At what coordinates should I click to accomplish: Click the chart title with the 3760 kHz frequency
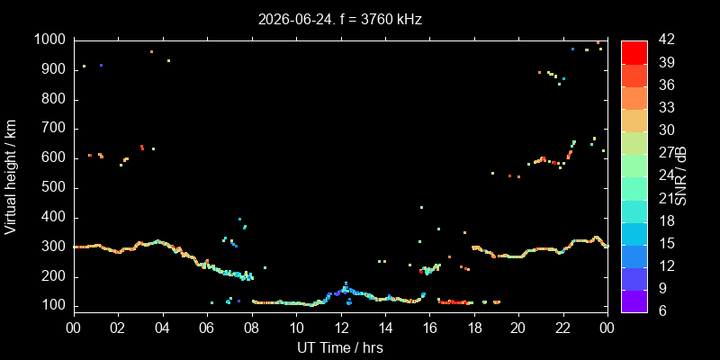pyautogui.click(x=340, y=19)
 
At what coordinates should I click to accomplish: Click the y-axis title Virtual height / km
pyautogui.click(x=11, y=176)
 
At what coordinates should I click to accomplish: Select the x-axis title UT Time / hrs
pyautogui.click(x=340, y=347)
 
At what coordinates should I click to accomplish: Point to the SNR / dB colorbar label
pyautogui.click(x=679, y=175)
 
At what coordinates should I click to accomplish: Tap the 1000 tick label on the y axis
pyautogui.click(x=52, y=40)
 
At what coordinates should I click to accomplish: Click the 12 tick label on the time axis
pyautogui.click(x=341, y=328)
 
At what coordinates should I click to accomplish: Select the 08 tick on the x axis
pyautogui.click(x=252, y=328)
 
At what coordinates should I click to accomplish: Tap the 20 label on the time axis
pyautogui.click(x=518, y=328)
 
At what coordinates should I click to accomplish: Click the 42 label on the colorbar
pyautogui.click(x=666, y=40)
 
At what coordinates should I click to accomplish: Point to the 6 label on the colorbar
pyautogui.click(x=661, y=310)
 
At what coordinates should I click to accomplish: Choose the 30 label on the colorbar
pyautogui.click(x=666, y=130)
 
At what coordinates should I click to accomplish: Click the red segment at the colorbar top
pyautogui.click(x=634, y=52)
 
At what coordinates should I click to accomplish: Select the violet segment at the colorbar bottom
pyautogui.click(x=634, y=301)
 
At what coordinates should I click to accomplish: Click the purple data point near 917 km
pyautogui.click(x=101, y=65)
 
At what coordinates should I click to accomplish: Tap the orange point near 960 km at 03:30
pyautogui.click(x=151, y=52)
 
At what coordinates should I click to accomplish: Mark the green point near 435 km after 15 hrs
pyautogui.click(x=421, y=207)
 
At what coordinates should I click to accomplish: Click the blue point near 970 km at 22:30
pyautogui.click(x=572, y=49)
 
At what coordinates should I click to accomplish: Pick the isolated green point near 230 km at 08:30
pyautogui.click(x=265, y=267)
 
